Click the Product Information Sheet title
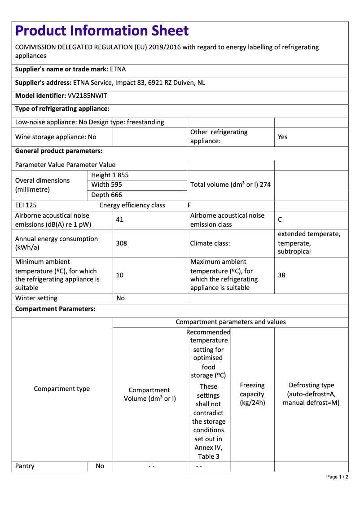(x=102, y=31)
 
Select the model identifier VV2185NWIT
(x=87, y=96)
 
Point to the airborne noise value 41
(x=119, y=220)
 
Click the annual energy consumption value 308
(x=121, y=243)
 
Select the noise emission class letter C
(x=280, y=220)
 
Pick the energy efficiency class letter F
(x=189, y=206)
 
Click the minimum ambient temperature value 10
(x=120, y=275)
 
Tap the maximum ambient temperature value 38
(x=281, y=275)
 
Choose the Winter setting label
(x=36, y=298)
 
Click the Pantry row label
(x=25, y=466)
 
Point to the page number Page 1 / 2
(x=337, y=477)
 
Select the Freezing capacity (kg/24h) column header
(x=252, y=394)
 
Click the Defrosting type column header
(x=311, y=394)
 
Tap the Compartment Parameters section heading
(x=55, y=309)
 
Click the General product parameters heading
(x=59, y=151)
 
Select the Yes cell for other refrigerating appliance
(x=282, y=137)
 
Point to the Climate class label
(x=210, y=243)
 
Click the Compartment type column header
(x=62, y=389)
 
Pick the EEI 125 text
(x=26, y=206)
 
